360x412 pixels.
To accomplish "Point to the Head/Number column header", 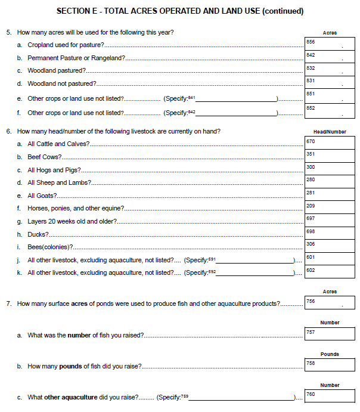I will point(330,132).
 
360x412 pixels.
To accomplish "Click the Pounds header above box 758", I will point(330,354).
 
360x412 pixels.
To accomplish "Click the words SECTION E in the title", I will point(76,11).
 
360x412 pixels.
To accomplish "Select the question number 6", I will point(9,131).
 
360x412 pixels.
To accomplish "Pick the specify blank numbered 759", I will point(241,397).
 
